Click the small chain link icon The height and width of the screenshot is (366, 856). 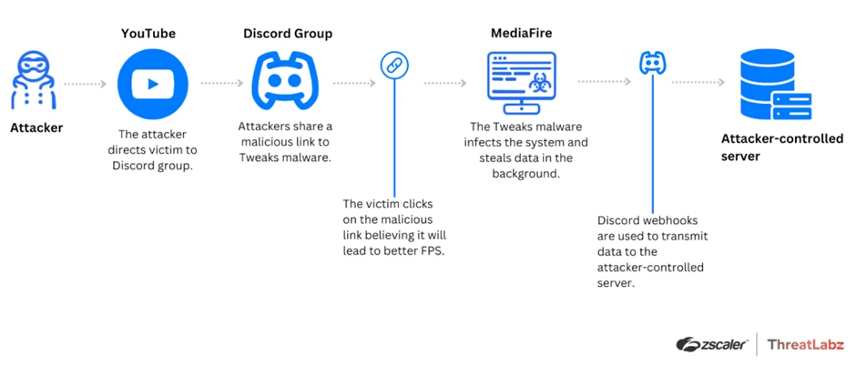[x=393, y=65]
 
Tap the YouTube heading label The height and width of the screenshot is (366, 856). [x=148, y=34]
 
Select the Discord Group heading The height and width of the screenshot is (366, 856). [x=288, y=34]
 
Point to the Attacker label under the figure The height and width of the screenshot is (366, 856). [x=36, y=127]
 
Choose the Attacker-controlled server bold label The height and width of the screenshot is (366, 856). [x=781, y=147]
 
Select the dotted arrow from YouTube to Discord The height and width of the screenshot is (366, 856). [x=221, y=83]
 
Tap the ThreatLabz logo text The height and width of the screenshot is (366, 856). [x=805, y=344]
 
